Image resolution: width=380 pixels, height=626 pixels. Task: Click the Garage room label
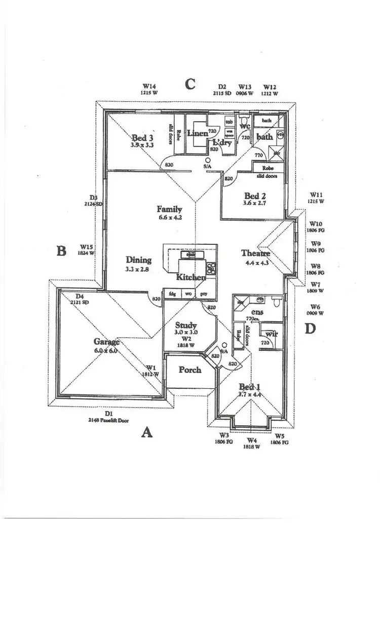point(106,342)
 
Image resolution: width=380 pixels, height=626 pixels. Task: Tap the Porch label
point(190,370)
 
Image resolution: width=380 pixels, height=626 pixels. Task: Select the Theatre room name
point(255,253)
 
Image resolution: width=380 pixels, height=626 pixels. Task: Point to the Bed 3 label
point(142,137)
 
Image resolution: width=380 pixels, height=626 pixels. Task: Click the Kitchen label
point(191,277)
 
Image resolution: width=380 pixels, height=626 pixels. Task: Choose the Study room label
point(186,325)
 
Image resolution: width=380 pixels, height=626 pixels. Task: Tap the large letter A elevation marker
point(146,432)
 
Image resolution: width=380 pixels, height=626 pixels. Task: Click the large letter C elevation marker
point(190,84)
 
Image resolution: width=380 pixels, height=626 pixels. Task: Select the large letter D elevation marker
point(310,328)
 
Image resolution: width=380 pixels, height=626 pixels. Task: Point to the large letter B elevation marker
point(61,250)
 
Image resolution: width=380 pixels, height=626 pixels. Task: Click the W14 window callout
point(149,89)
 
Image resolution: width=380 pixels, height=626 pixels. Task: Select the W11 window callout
point(316,198)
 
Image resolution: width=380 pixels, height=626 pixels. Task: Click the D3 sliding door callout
point(94,200)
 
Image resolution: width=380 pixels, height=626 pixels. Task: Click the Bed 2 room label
point(255,196)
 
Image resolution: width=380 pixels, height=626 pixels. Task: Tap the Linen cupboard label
point(198,133)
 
